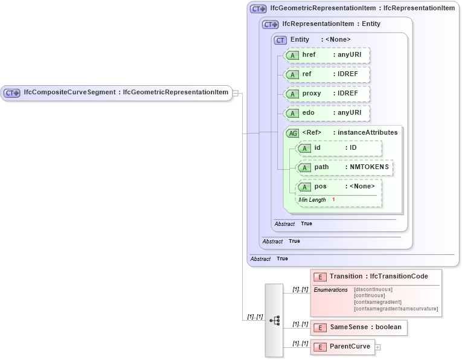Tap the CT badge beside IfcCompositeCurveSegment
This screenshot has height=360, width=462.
pos(12,93)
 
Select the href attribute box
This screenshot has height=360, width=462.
pos(327,55)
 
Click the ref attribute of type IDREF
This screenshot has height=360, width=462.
pos(327,74)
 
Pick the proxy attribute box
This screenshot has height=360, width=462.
pos(327,94)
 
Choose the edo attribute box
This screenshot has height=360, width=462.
pos(327,113)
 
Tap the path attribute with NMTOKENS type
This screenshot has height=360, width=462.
pos(345,167)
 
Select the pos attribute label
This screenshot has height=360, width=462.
pos(321,187)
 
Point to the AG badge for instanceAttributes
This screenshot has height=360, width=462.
pos(293,133)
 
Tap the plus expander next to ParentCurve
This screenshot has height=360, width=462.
pos(378,347)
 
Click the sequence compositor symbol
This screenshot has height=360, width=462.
pos(274,320)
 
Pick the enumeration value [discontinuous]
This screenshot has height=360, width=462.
pos(373,290)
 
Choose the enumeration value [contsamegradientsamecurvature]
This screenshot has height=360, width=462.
pos(396,309)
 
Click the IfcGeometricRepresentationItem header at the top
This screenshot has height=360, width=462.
pos(362,8)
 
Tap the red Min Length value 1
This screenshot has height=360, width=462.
pos(333,200)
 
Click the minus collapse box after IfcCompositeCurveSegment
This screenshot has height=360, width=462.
pos(236,93)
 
